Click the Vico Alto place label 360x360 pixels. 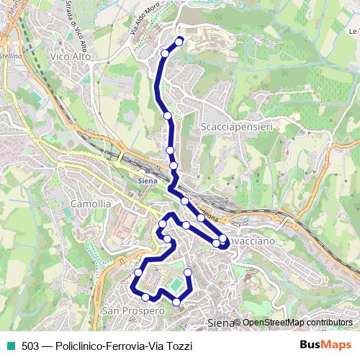tap(70, 54)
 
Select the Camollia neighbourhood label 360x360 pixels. tap(91, 204)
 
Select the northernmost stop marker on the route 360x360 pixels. tap(179, 41)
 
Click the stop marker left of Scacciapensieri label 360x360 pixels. tap(168, 115)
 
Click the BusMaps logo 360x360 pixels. tap(325, 346)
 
